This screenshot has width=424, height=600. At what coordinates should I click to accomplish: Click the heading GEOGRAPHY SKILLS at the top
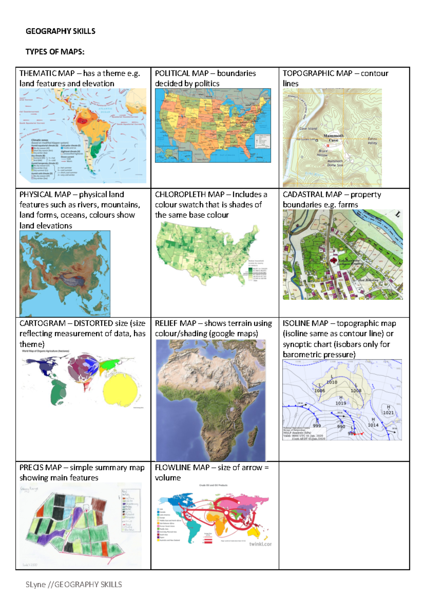point(60,31)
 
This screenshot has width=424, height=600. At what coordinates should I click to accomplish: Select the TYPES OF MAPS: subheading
point(55,52)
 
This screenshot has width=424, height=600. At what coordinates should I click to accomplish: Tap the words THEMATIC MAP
point(47,73)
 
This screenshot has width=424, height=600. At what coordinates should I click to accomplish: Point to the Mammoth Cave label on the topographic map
point(333,138)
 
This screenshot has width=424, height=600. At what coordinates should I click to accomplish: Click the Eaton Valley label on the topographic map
point(372,141)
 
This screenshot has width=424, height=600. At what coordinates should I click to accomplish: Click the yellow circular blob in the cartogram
point(120,390)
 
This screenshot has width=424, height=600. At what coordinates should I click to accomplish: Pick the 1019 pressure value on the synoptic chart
point(341,403)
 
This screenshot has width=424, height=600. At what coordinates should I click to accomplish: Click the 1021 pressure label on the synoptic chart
point(388,413)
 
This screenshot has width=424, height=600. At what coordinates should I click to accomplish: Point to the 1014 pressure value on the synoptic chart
point(373,425)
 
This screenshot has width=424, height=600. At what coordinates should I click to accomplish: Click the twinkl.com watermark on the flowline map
point(260,544)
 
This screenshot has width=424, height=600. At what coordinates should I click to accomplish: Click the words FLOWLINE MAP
point(182,467)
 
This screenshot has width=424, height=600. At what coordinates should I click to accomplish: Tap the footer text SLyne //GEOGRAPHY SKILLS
point(73,584)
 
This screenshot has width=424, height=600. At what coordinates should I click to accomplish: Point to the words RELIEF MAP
point(175,323)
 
